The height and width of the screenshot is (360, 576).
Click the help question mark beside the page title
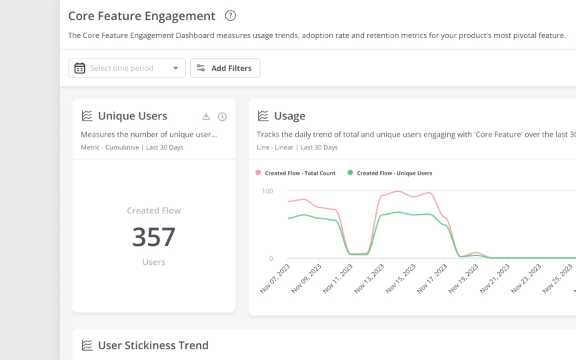pos(231,16)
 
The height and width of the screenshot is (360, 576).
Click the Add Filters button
pos(225,68)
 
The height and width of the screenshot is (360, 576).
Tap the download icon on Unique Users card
pos(206,117)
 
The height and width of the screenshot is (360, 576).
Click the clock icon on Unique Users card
pos(222,117)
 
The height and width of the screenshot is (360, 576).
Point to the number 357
pos(153,237)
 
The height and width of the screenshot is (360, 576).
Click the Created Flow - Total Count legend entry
pos(295,173)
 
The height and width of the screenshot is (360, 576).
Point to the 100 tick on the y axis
pos(267,191)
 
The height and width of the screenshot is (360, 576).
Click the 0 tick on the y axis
pos(270,259)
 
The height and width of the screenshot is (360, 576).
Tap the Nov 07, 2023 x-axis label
pos(275,279)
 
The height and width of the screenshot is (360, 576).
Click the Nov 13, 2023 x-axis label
pos(369,279)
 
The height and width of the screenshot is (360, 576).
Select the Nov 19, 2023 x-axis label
pos(463,279)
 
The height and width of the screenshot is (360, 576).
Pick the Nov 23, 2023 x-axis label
pos(525,279)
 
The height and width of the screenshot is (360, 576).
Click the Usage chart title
pos(289,116)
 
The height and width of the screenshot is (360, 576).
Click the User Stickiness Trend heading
pos(153,345)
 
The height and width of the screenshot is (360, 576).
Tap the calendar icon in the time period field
pos(80,68)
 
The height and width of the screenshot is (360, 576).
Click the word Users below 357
pos(153,262)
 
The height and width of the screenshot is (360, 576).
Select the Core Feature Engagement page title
pos(141,16)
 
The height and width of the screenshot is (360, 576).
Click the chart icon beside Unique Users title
pos(87,116)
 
